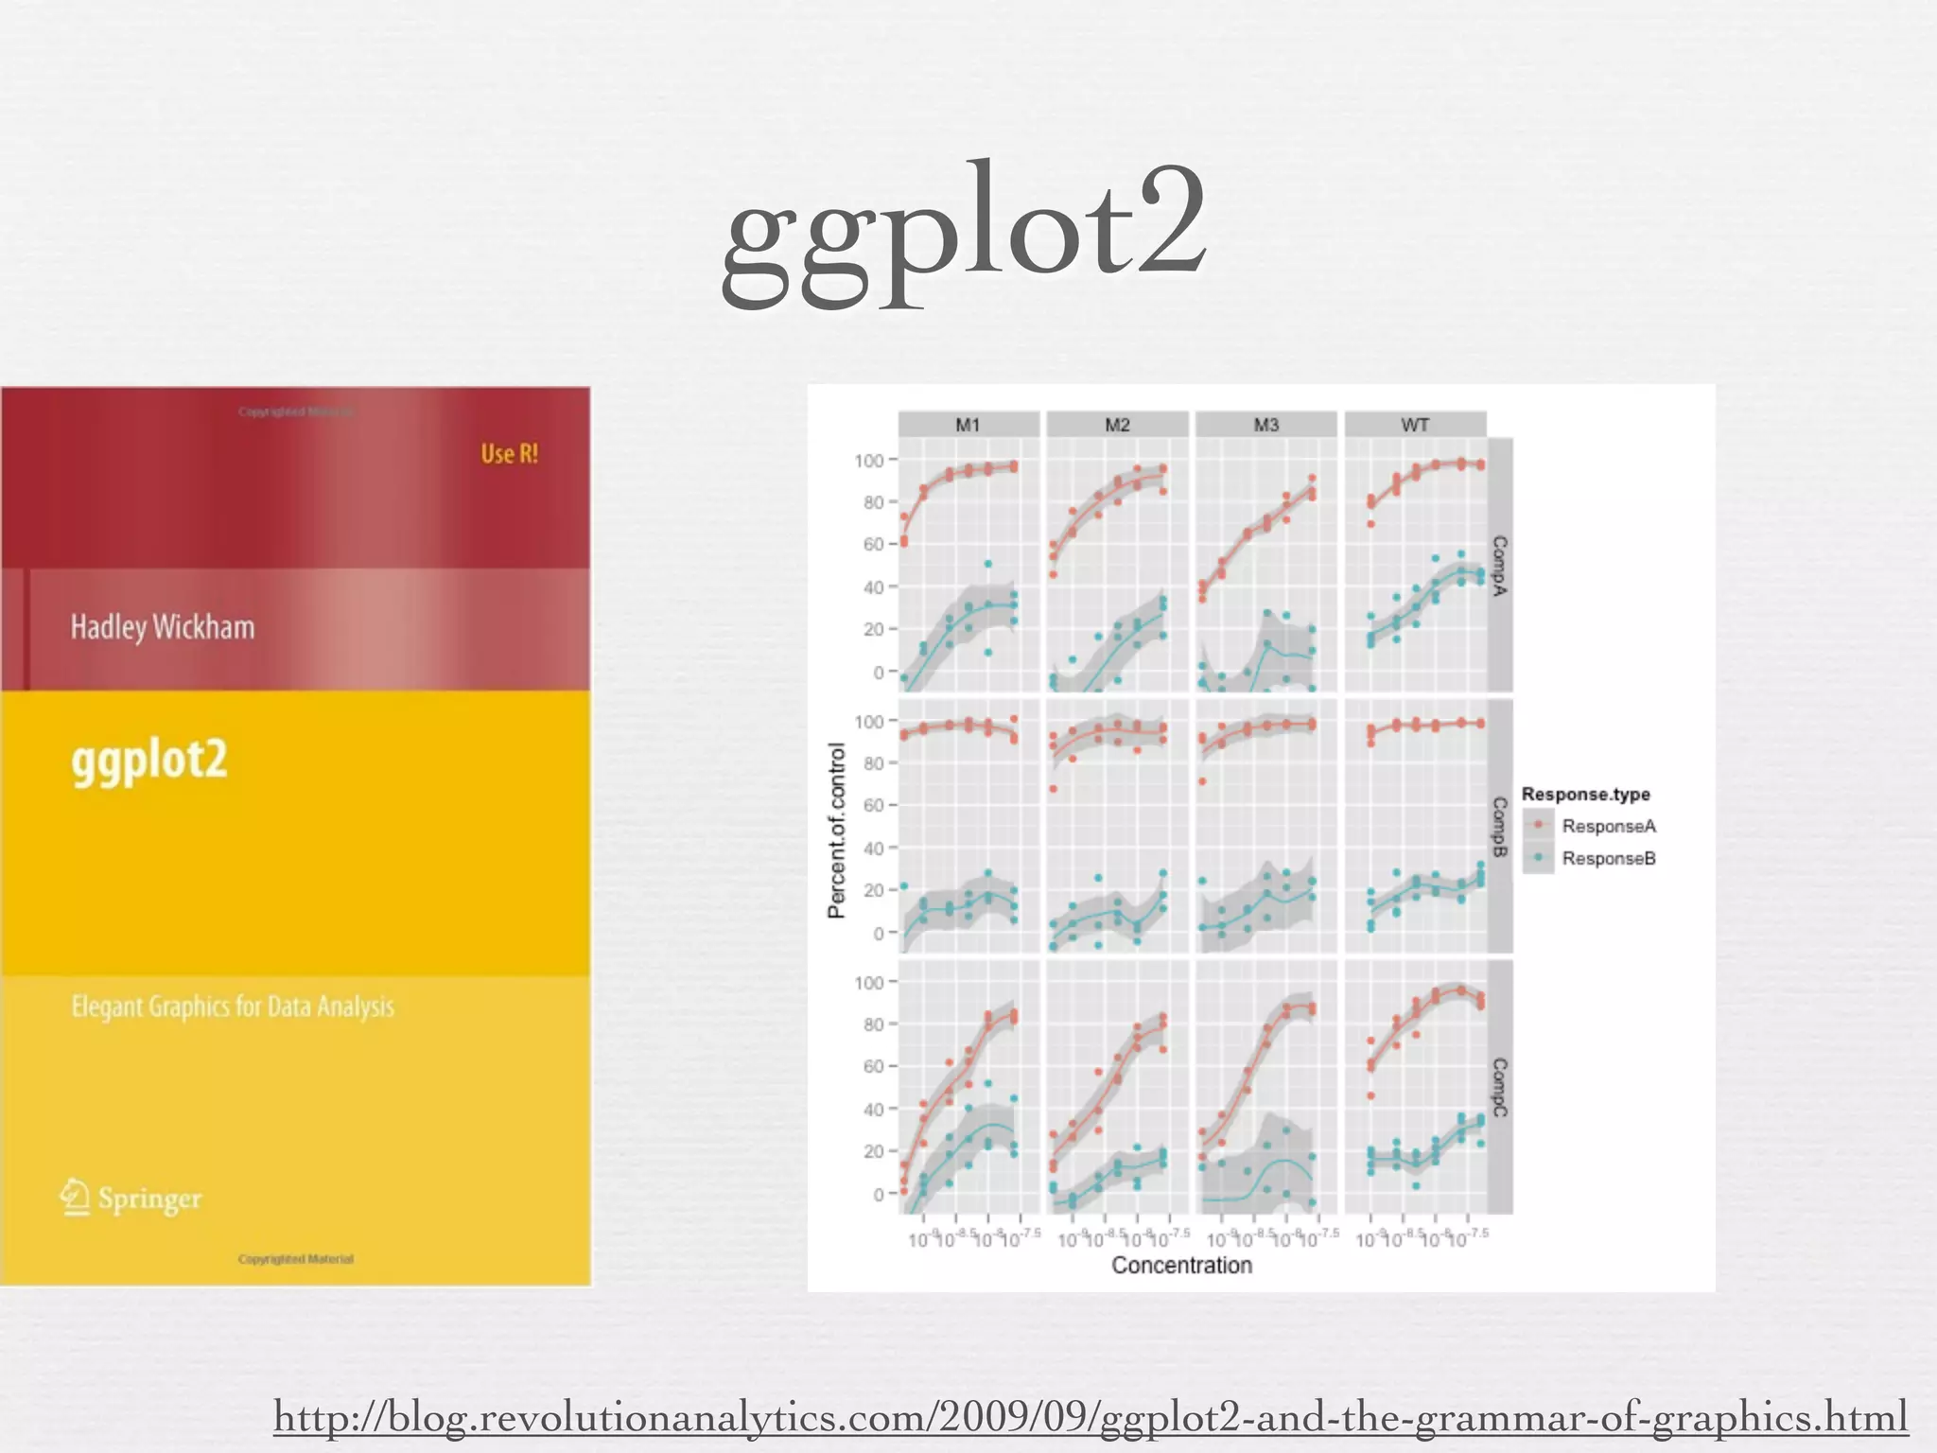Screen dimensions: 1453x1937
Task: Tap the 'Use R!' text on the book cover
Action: tap(509, 454)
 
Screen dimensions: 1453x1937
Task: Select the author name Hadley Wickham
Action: tap(163, 626)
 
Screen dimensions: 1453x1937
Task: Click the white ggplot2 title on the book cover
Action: tap(149, 760)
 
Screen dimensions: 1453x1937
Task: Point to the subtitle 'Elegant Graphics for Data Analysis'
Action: tap(233, 1007)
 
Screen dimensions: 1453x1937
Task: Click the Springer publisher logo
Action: tap(131, 1198)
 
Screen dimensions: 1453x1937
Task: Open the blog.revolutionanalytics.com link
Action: tap(1090, 1417)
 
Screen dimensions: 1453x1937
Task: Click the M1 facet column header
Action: tap(968, 425)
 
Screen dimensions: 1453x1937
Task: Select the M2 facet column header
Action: tap(1117, 425)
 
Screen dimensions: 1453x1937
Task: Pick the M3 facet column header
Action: tap(1265, 425)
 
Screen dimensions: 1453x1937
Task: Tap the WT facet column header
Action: tap(1415, 425)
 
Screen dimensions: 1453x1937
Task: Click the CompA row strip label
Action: tap(1500, 566)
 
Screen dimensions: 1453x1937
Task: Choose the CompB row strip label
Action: tap(1500, 827)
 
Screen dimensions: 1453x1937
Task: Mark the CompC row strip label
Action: tap(1500, 1087)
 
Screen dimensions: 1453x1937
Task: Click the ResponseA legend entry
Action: tap(1608, 826)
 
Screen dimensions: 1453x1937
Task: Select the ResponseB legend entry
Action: tap(1608, 858)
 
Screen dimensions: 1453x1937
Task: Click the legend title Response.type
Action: tap(1585, 795)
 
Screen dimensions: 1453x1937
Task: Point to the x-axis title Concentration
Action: tap(1181, 1265)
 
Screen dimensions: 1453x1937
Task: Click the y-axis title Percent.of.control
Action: tap(836, 830)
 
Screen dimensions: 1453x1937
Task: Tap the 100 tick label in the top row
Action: tap(868, 461)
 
